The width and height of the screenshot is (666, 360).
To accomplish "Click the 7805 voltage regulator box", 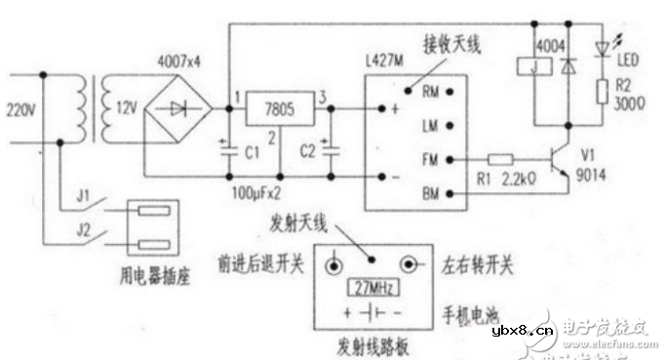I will click(x=274, y=109).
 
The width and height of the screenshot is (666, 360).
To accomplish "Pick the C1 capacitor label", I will click(x=252, y=152).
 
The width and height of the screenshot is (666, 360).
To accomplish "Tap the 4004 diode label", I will click(x=551, y=44).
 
